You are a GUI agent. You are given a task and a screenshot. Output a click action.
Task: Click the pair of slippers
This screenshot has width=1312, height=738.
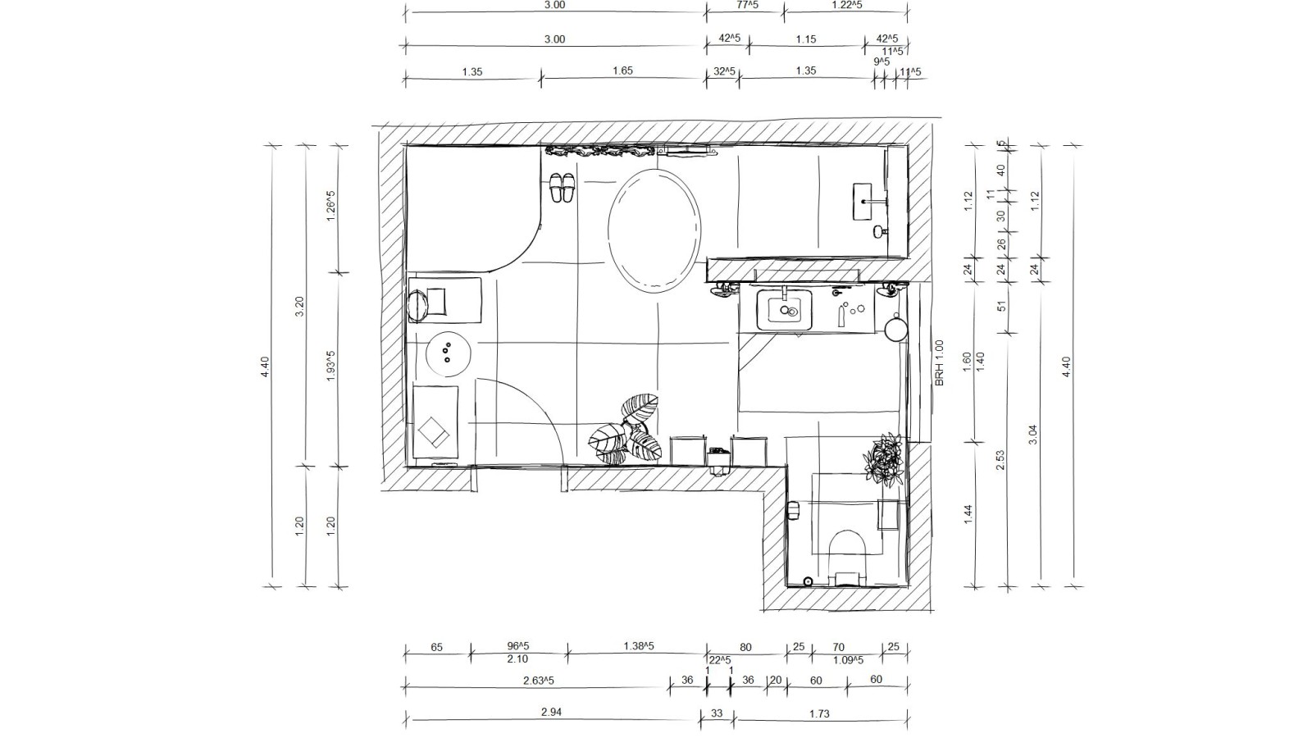pyautogui.click(x=562, y=188)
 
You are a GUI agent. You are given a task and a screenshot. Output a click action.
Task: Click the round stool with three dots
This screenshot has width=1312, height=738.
pyautogui.click(x=448, y=353)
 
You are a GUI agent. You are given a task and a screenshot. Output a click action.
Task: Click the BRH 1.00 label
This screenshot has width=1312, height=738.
pyautogui.click(x=940, y=363)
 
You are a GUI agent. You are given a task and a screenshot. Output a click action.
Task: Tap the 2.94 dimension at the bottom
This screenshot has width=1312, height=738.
pyautogui.click(x=552, y=713)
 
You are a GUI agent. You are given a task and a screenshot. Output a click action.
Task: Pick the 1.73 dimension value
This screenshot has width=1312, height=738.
pyautogui.click(x=819, y=713)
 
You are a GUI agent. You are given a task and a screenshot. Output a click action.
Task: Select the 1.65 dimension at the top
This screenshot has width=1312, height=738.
pyautogui.click(x=622, y=71)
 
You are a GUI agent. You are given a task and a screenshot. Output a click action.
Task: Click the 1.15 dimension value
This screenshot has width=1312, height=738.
pyautogui.click(x=806, y=39)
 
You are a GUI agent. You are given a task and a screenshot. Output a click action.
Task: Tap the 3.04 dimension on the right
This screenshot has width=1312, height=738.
pyautogui.click(x=1032, y=434)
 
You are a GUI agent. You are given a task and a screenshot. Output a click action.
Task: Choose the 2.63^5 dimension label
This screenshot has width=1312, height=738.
pyautogui.click(x=539, y=680)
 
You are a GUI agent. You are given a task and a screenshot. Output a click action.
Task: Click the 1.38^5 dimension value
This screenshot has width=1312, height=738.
pyautogui.click(x=640, y=646)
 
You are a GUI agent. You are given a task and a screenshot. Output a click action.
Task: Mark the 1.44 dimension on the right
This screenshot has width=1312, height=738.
pyautogui.click(x=968, y=514)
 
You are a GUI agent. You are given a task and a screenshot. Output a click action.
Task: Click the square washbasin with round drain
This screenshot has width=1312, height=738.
pyautogui.click(x=785, y=310)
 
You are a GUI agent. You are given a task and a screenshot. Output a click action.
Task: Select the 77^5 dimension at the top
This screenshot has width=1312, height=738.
pyautogui.click(x=748, y=5)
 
